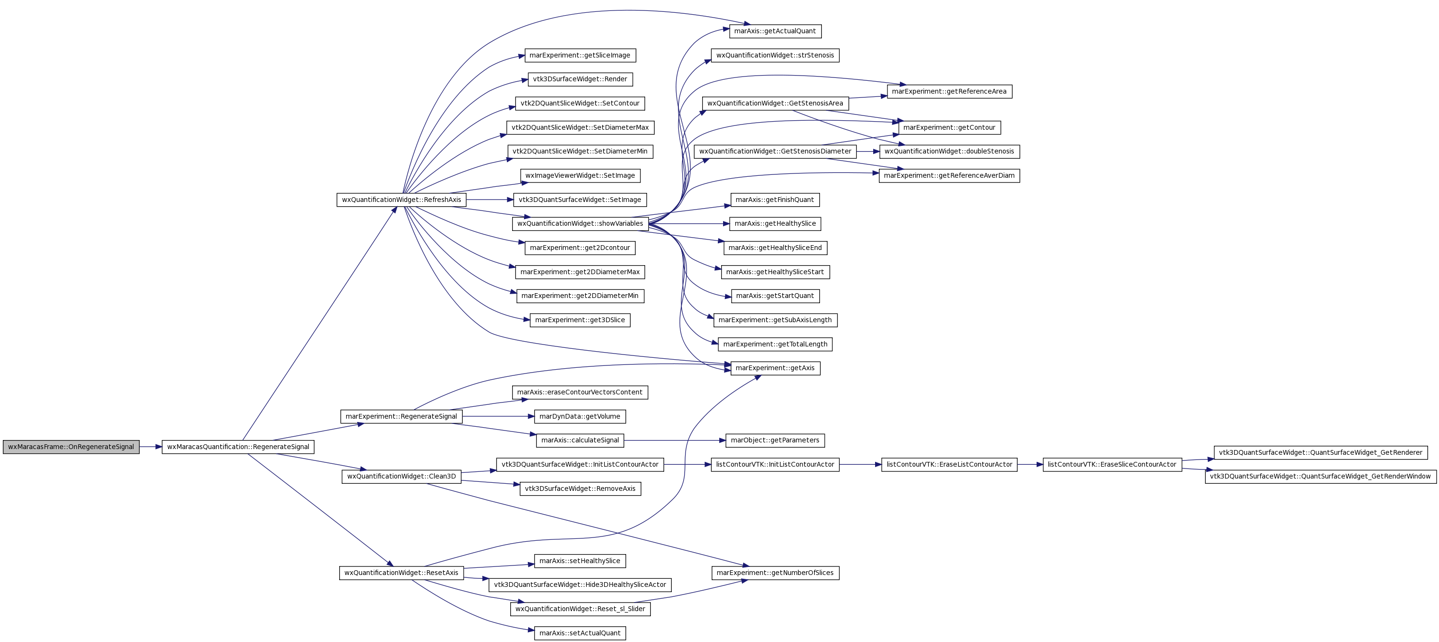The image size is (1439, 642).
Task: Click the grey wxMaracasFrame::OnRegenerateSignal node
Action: (71, 447)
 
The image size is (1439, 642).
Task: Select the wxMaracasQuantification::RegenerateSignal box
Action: (238, 447)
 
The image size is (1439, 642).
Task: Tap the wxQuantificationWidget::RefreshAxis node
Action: (401, 200)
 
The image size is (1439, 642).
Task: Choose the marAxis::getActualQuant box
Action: (775, 31)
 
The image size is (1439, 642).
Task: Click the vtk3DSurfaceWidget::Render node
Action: (580, 79)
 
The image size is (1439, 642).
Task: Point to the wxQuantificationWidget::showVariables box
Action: (580, 223)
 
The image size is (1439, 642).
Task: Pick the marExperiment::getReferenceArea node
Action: (949, 92)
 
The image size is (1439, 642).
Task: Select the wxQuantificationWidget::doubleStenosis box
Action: (949, 152)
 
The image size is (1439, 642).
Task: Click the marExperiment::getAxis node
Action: (775, 368)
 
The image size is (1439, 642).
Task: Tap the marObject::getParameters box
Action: (775, 441)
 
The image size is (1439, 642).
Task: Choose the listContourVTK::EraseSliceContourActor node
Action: (1112, 464)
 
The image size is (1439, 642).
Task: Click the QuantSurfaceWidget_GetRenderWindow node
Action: (1321, 477)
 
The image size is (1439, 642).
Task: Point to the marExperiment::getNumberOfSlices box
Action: (775, 573)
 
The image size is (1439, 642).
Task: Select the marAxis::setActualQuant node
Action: (580, 633)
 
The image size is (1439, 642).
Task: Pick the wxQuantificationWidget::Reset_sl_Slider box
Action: (580, 609)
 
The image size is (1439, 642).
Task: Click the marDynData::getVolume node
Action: (580, 416)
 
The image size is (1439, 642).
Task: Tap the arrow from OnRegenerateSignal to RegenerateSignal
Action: (151, 447)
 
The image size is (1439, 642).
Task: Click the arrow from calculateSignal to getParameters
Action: (675, 441)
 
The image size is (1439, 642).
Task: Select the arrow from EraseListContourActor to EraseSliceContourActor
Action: (1030, 464)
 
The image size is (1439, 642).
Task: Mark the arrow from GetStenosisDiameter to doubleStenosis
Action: (868, 152)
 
